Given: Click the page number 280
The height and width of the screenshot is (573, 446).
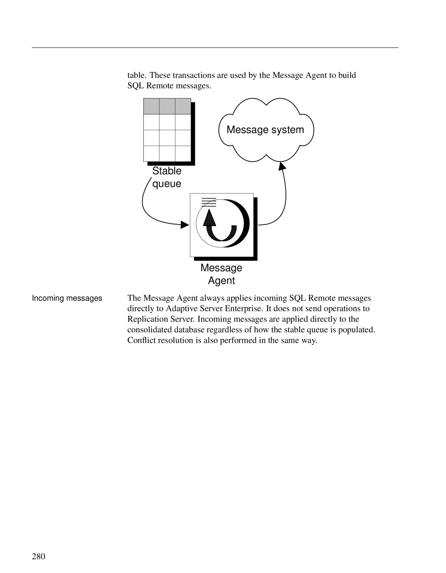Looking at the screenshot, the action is (38, 556).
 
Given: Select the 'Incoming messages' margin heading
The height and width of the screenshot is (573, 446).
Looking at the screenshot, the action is (67, 298).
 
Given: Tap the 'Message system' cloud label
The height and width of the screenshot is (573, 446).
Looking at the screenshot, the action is (266, 130).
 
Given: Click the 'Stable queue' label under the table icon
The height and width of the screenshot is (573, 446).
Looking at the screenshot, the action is (167, 177).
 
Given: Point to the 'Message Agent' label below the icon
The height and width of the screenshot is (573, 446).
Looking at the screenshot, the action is (221, 274).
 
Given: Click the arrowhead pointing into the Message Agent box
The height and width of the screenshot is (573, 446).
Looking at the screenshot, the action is (185, 225).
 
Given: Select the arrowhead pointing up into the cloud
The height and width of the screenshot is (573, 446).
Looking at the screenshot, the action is (282, 166).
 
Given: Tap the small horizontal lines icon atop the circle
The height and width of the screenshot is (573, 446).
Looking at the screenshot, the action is (209, 202).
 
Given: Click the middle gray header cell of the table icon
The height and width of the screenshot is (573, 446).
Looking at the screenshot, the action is (167, 106).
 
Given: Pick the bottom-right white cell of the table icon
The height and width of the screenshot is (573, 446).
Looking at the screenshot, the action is (183, 154).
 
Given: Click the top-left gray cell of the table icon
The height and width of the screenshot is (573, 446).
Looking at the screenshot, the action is (152, 106).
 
